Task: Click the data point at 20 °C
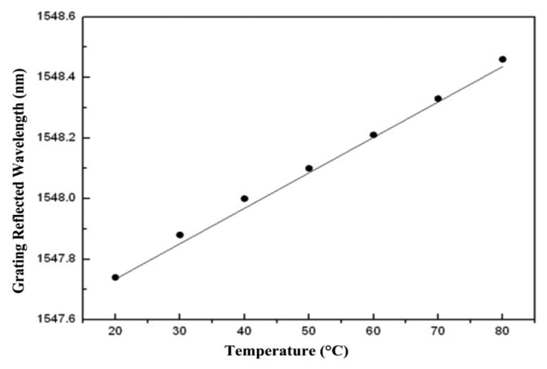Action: (115, 277)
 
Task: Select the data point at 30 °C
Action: (180, 235)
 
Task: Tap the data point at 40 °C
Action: (245, 199)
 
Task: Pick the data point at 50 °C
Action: (309, 168)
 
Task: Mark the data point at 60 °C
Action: (373, 135)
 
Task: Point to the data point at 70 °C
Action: (438, 99)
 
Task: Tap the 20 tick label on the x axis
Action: (115, 331)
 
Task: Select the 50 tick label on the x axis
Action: (309, 331)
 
